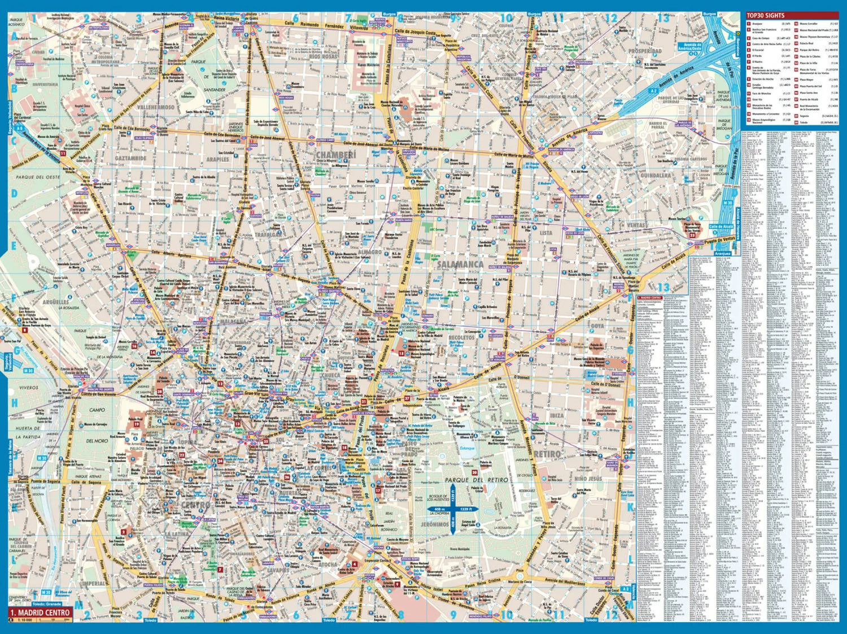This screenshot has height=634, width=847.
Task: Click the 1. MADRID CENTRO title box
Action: [40, 613]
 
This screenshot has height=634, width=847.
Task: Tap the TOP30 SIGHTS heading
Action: [765, 16]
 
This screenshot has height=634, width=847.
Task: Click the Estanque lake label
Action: [467, 448]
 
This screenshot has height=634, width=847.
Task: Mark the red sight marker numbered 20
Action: [474, 472]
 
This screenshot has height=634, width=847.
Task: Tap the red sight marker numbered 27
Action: [406, 398]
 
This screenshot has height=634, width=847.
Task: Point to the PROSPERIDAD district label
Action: [645, 51]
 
